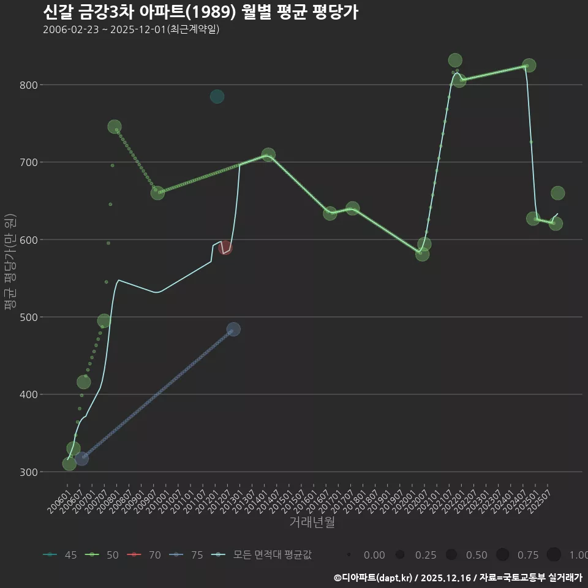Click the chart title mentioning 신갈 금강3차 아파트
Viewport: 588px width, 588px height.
click(200, 12)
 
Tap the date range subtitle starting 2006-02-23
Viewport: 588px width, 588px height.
click(131, 29)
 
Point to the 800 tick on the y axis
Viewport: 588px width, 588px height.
click(28, 85)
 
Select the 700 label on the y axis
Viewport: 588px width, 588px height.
click(28, 162)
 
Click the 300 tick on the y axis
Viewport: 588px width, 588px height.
click(28, 472)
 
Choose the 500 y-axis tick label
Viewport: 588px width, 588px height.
click(28, 317)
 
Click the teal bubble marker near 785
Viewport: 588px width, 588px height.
click(217, 97)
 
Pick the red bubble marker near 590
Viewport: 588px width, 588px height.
click(225, 247)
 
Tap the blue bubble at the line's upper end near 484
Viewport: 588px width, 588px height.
click(233, 330)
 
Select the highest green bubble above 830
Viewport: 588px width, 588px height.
click(455, 60)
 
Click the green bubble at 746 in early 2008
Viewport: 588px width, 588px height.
click(115, 127)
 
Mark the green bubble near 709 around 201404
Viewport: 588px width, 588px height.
click(268, 154)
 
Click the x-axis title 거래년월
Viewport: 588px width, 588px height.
click(312, 522)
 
